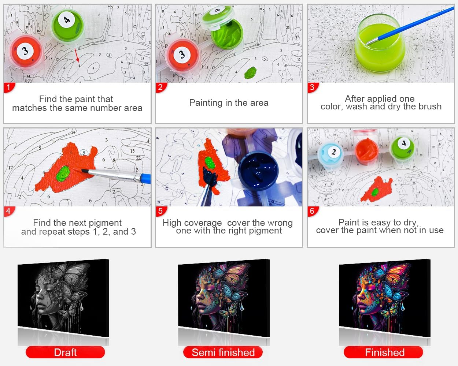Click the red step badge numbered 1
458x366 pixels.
[9, 87]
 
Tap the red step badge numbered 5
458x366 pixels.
[161, 211]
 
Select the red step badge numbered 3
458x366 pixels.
[313, 87]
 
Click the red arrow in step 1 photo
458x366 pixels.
[77, 55]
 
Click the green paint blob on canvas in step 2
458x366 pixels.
[250, 72]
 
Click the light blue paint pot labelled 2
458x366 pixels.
[330, 154]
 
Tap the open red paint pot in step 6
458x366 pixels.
[367, 151]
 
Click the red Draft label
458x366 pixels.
[65, 352]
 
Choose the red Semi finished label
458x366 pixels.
[223, 352]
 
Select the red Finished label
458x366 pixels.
[384, 352]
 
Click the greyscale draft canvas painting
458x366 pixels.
[63, 298]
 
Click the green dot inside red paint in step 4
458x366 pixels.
[63, 173]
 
